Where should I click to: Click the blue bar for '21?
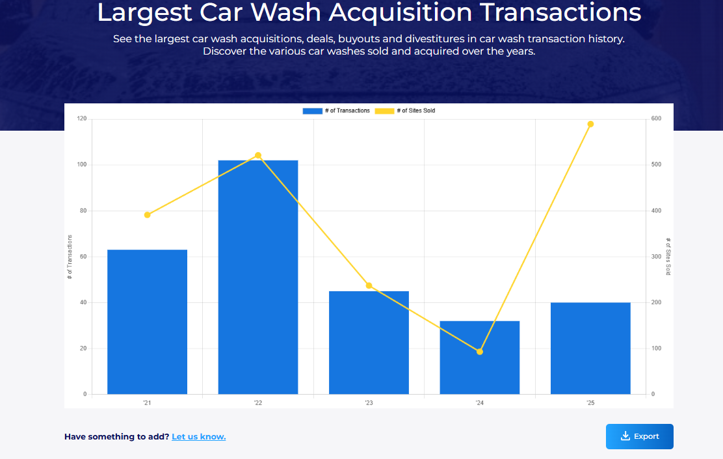coord(147,322)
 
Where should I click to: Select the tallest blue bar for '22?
coord(258,277)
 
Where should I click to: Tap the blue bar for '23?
coord(369,342)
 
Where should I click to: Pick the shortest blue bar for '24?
coord(480,357)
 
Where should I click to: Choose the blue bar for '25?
coord(590,348)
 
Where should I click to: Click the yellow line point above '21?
coord(147,215)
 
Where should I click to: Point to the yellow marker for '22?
coord(258,155)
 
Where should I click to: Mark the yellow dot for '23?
coord(369,285)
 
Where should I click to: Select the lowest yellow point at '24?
coord(480,352)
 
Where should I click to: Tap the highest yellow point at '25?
coord(590,124)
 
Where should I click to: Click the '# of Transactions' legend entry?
coord(336,111)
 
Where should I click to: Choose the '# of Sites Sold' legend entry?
coord(405,111)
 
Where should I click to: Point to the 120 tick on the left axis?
coord(82,119)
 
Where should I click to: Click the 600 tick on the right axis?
coord(657,119)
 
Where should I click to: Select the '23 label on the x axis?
coord(369,403)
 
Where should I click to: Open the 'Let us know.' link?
coord(198,437)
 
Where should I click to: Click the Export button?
coord(640,436)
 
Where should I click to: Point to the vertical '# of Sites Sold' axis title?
coord(668,256)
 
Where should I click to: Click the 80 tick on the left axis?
coord(83,211)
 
